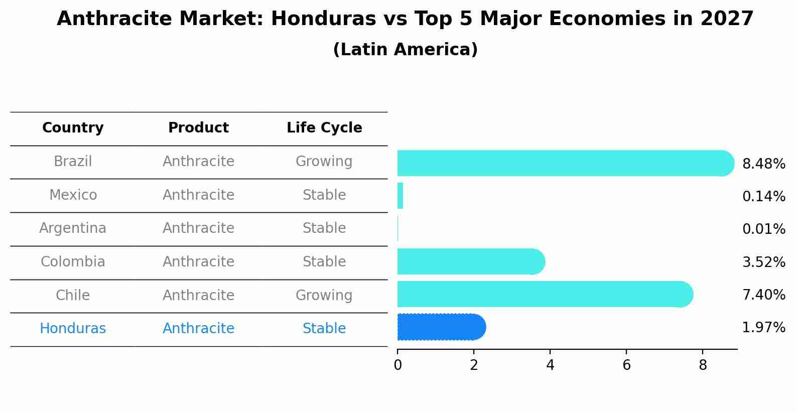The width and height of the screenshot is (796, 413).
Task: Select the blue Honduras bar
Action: click(x=441, y=327)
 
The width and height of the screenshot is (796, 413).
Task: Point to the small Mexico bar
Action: click(x=400, y=196)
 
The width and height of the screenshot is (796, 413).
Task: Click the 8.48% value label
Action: click(x=763, y=164)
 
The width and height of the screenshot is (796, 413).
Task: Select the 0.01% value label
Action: click(x=763, y=229)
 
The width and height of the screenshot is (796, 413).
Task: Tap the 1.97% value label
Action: click(x=763, y=328)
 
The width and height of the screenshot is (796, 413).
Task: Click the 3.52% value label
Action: click(x=763, y=262)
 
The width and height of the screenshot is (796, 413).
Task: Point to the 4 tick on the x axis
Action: click(x=550, y=365)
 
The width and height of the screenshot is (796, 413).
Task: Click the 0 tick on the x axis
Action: click(x=397, y=365)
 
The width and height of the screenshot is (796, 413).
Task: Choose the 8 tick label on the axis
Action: click(x=703, y=365)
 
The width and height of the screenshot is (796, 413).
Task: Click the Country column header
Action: click(x=73, y=128)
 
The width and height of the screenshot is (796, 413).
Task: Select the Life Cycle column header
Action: click(x=324, y=128)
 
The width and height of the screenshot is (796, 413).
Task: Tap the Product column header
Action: click(x=198, y=128)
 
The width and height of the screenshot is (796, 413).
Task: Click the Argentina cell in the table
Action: click(x=73, y=228)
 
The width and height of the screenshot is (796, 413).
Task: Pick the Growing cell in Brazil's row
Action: click(x=324, y=162)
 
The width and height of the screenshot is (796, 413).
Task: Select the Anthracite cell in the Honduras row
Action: click(x=198, y=329)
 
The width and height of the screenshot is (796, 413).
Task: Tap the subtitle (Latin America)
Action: click(x=405, y=50)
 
